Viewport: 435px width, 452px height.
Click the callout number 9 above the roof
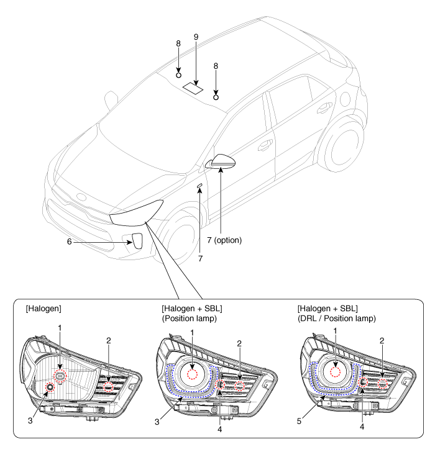tap(196, 37)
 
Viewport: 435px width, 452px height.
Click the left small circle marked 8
tap(179, 75)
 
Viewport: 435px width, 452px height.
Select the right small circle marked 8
tap(216, 97)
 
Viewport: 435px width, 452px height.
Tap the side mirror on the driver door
tap(221, 163)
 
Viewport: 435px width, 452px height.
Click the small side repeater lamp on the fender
tap(199, 186)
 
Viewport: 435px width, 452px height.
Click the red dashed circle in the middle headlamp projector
tap(193, 374)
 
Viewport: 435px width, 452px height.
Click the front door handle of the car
tap(265, 145)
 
